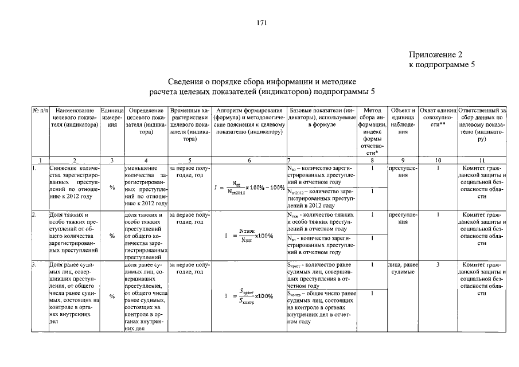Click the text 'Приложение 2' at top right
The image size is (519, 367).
tap(435, 55)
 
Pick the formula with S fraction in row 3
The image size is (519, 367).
tap(248, 296)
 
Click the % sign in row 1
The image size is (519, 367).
tap(112, 187)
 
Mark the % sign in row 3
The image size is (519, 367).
tap(112, 296)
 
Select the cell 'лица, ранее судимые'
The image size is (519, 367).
tap(403, 268)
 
